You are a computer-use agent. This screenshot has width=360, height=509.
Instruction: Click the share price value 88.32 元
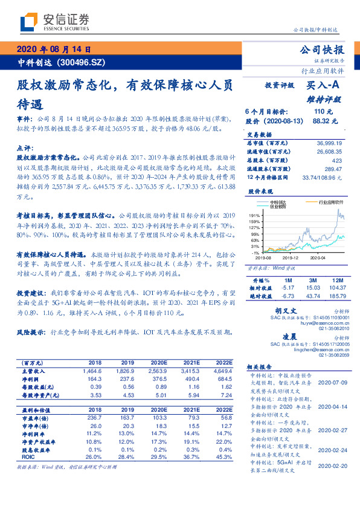[x=321, y=121]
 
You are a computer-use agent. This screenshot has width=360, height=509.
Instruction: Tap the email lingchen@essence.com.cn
[x=318, y=349]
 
